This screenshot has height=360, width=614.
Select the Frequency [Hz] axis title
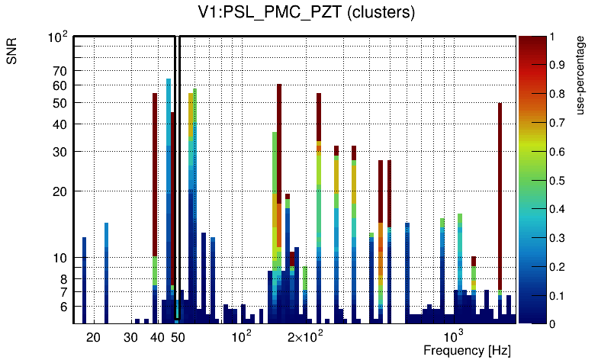pyautogui.click(x=466, y=350)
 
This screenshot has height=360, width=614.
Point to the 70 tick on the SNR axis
pyautogui.click(x=60, y=71)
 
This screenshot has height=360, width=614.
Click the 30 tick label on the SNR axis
pyautogui.click(x=60, y=152)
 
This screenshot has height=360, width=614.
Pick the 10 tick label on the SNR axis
pyautogui.click(x=60, y=258)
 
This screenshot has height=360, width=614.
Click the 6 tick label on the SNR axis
pyautogui.click(x=64, y=307)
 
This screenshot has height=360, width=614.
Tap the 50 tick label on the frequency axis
pyautogui.click(x=178, y=336)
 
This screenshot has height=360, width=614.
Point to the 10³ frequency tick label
pyautogui.click(x=454, y=335)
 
